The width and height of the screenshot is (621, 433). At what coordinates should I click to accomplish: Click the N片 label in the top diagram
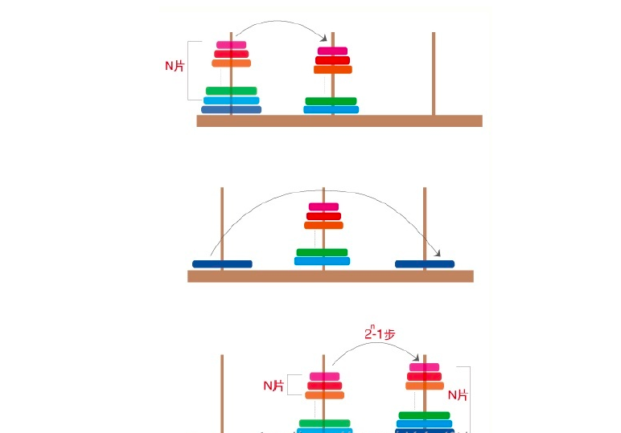tap(175, 66)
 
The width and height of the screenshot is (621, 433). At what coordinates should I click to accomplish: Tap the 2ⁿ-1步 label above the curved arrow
tap(379, 333)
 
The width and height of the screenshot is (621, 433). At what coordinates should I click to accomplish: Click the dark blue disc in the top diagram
tap(231, 110)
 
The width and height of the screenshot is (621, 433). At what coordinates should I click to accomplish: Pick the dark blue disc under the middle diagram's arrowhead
tap(425, 263)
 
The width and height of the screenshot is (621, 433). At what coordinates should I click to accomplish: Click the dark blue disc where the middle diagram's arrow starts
tap(222, 263)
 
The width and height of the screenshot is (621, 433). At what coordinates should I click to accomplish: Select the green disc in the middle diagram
tap(322, 252)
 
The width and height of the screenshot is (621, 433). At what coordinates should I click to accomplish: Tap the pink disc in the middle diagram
tap(323, 207)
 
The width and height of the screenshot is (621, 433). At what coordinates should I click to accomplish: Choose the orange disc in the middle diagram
tap(323, 226)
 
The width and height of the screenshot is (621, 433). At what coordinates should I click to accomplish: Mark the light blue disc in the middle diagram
tap(322, 261)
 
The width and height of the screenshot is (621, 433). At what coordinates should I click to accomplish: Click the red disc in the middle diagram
tap(323, 216)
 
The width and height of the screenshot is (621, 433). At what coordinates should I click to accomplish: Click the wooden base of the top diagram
tap(339, 121)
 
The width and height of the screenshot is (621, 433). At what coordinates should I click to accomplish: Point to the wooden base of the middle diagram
tap(330, 276)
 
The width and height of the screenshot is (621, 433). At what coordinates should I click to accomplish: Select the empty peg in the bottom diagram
tap(222, 394)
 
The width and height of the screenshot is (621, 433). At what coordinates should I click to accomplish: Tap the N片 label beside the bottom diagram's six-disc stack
tap(458, 394)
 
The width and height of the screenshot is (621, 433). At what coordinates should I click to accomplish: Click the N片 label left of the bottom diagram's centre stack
tap(273, 386)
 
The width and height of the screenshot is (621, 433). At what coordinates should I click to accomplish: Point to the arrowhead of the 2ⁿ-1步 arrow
tap(416, 358)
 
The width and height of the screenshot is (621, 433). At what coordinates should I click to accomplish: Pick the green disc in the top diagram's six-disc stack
tap(231, 91)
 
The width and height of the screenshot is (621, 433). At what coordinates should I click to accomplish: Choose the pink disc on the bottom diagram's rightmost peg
tap(423, 367)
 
